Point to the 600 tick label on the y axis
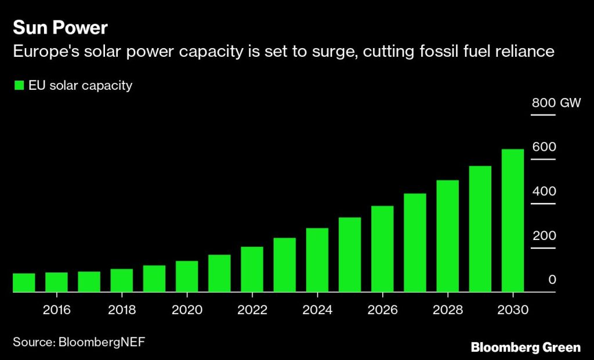coord(545,147)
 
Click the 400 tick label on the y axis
coord(545,191)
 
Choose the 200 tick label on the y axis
coord(545,236)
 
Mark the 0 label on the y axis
coord(552,280)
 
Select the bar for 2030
coord(513,220)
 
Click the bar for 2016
coord(56,282)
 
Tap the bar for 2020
coord(187,277)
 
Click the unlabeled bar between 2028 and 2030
coord(480,229)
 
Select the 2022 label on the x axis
coord(252,310)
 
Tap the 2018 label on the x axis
coord(122,310)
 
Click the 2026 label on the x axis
coord(382,310)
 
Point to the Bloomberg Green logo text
coord(526,347)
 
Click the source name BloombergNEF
coord(101,342)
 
